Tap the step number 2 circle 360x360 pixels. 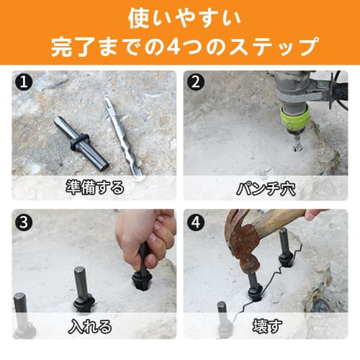point(195,82)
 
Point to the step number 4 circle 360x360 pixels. point(195,221)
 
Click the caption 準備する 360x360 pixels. point(94,188)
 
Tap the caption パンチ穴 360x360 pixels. point(268,188)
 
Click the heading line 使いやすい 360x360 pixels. point(179,16)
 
